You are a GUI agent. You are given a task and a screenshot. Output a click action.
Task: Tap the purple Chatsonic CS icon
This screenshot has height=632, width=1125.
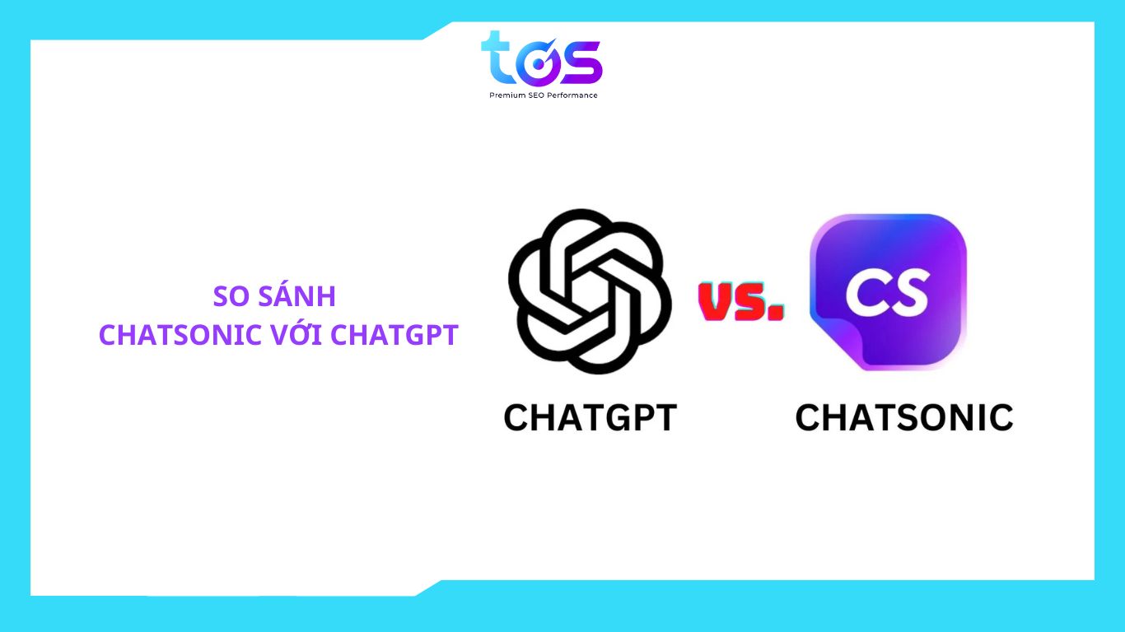[888, 292]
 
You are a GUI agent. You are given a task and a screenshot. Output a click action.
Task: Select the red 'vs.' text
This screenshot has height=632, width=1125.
[741, 301]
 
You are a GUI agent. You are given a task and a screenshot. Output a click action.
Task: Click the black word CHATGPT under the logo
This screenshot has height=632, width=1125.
[591, 418]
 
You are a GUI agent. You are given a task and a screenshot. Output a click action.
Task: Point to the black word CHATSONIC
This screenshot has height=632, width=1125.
[904, 418]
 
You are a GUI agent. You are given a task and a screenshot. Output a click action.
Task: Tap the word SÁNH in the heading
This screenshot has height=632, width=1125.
[296, 295]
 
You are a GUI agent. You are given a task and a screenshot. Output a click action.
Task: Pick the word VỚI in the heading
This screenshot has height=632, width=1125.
[296, 334]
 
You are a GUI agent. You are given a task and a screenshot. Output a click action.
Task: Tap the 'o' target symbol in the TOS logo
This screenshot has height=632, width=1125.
[538, 63]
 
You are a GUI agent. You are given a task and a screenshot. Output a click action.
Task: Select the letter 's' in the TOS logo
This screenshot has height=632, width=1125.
[581, 63]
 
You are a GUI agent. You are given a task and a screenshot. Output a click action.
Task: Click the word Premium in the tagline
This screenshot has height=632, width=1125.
[507, 95]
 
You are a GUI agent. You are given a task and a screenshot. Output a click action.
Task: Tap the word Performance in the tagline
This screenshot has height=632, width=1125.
[572, 95]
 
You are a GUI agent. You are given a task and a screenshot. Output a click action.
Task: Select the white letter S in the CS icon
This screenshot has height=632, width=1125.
[908, 294]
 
